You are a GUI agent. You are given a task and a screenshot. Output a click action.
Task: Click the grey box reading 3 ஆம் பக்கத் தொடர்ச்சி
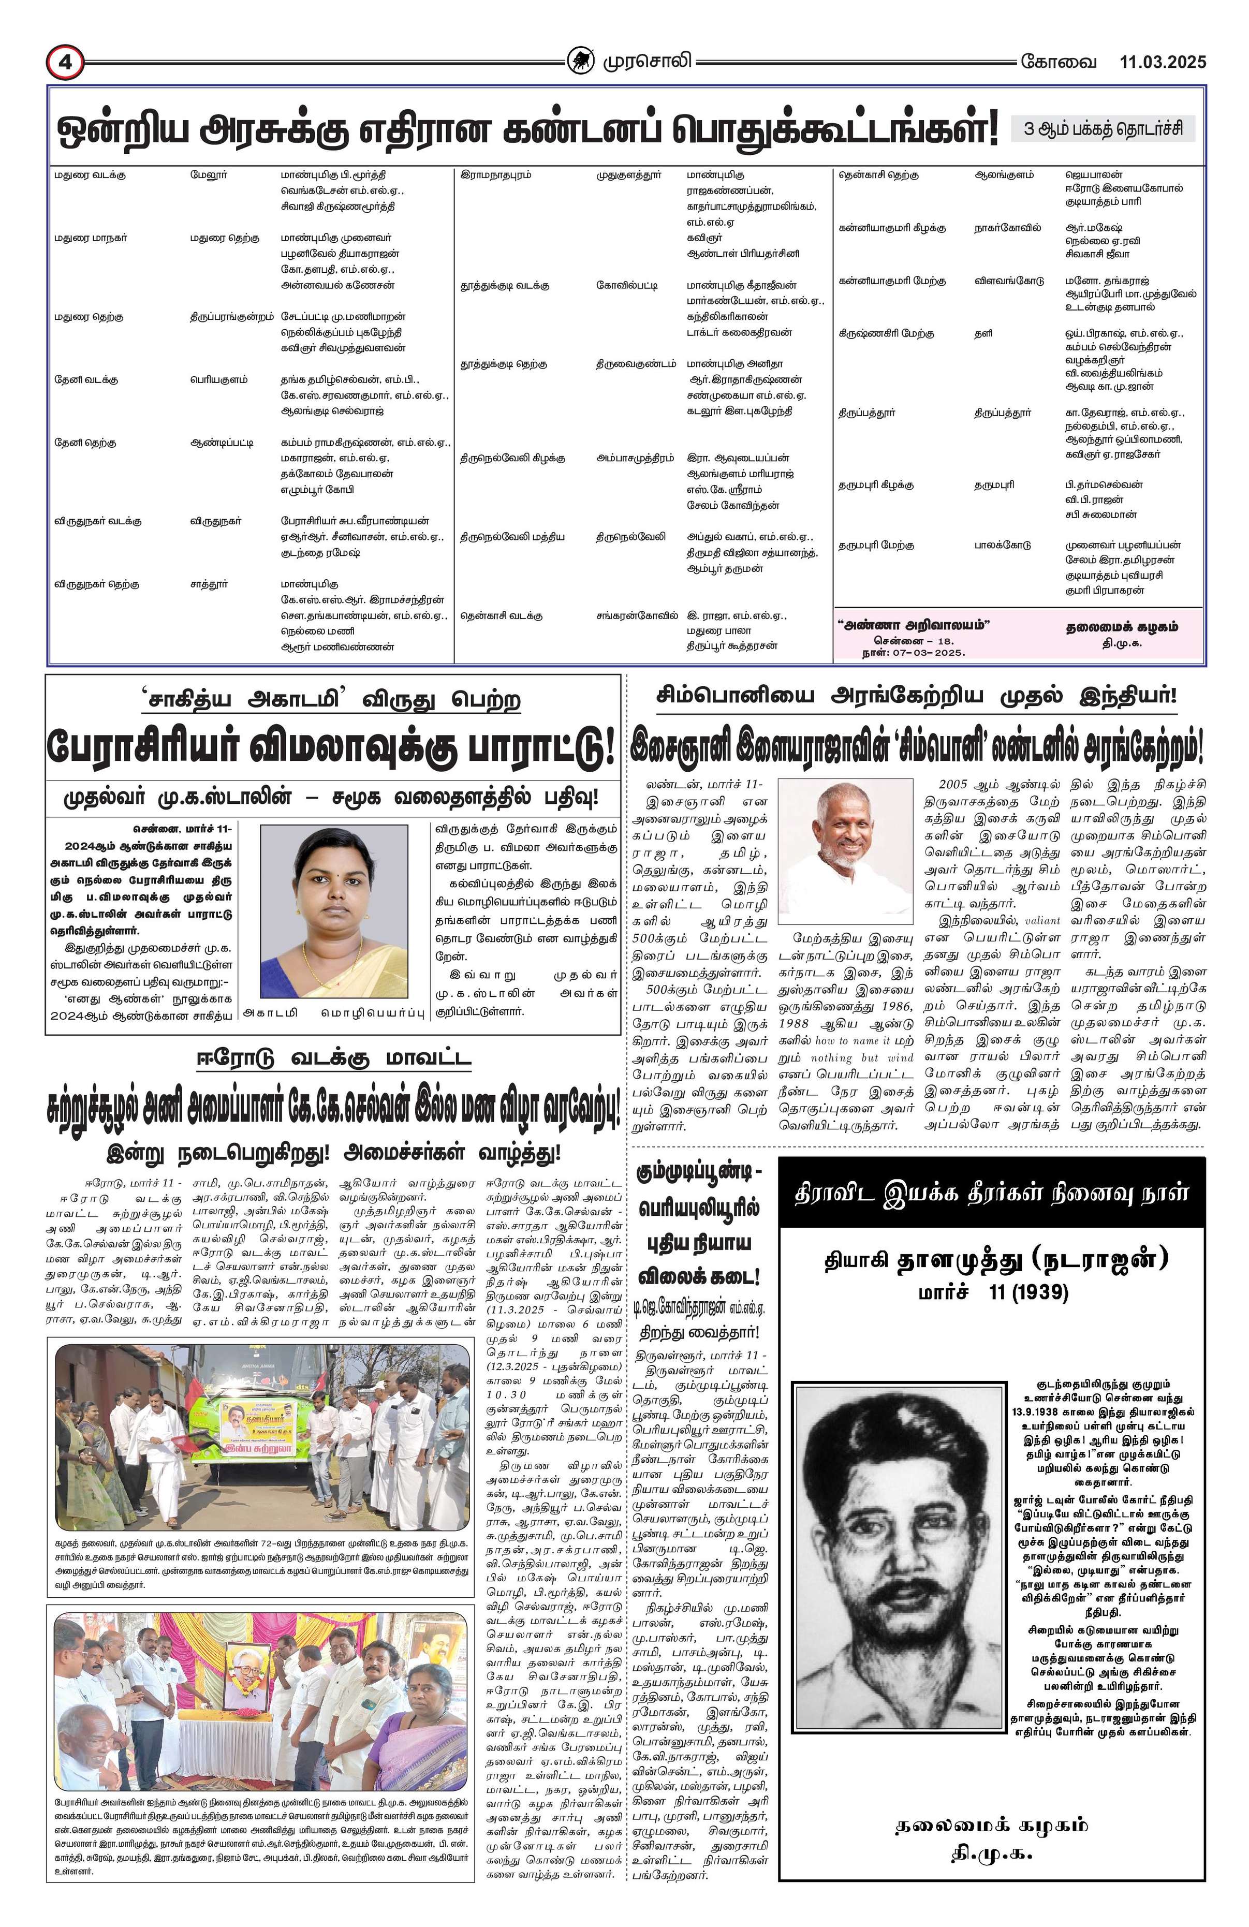[x=1103, y=129]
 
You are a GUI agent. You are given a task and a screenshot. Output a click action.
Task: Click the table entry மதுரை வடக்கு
[x=90, y=175]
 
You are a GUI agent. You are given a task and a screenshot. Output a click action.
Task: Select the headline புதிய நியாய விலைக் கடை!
[x=697, y=1260]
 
